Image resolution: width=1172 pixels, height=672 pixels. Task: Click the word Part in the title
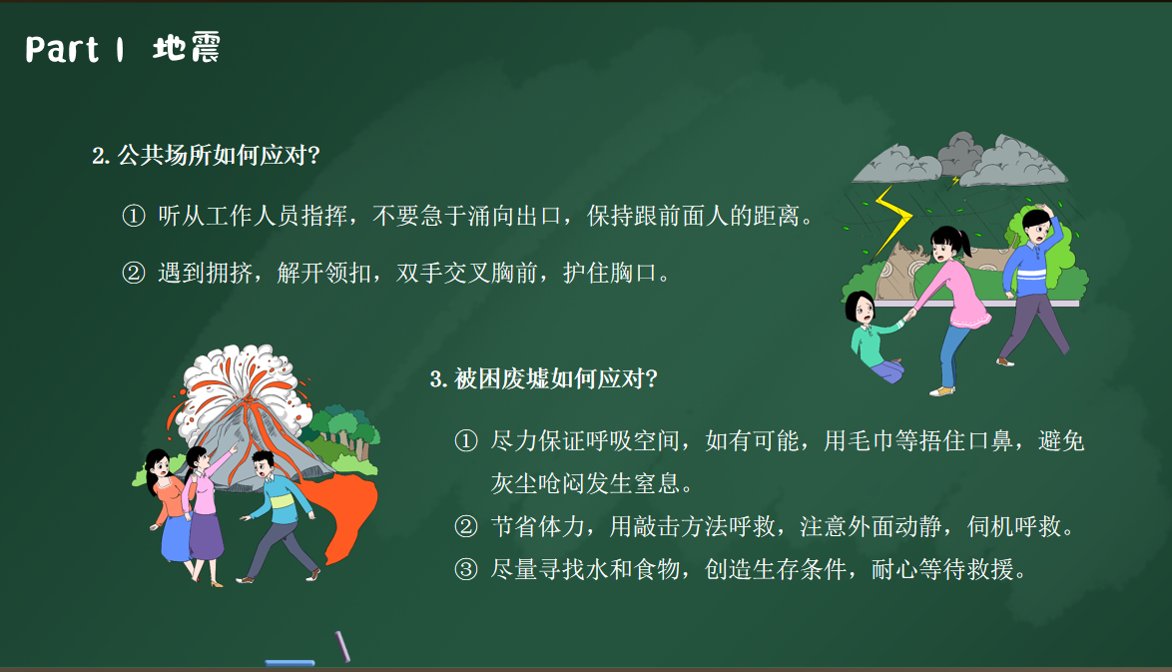tap(62, 49)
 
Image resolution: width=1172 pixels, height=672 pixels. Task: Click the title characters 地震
tap(186, 48)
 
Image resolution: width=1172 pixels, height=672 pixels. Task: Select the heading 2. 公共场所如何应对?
tap(206, 155)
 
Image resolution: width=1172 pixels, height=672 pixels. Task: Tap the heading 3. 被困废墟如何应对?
tap(543, 378)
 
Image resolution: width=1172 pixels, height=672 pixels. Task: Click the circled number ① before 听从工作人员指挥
tap(133, 216)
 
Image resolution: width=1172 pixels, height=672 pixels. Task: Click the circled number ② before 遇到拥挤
tap(133, 273)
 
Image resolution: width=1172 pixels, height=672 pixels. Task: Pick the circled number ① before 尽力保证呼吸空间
tap(465, 441)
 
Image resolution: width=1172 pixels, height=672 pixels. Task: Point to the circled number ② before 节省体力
tap(465, 527)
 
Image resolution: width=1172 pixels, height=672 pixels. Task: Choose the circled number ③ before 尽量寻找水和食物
tap(465, 569)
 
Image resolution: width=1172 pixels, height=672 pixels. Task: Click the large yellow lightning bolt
tap(893, 222)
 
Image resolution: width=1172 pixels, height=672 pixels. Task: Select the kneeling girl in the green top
tap(875, 336)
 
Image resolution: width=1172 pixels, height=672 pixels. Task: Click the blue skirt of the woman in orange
tap(177, 538)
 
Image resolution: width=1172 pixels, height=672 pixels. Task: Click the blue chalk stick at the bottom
tap(291, 662)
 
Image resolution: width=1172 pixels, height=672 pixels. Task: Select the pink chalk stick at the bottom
tap(343, 646)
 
